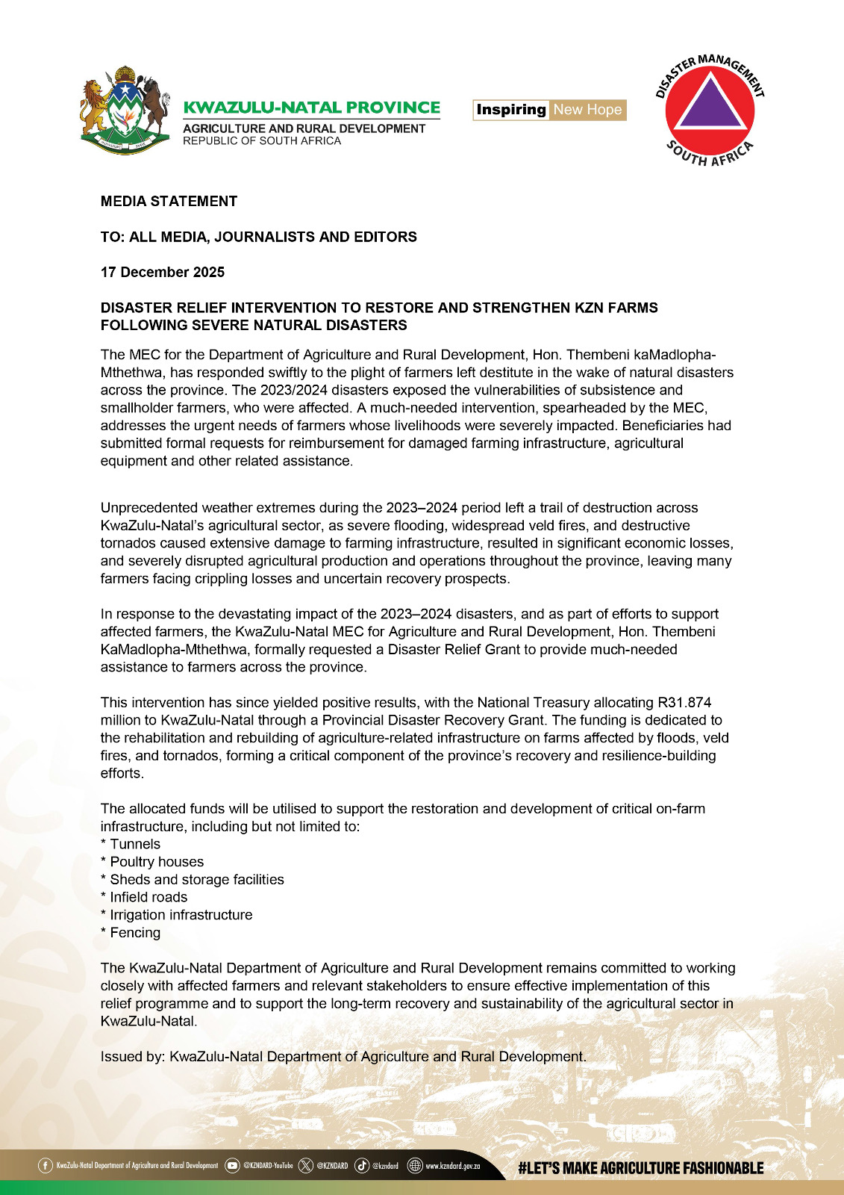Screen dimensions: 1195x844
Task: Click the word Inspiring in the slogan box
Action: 511,110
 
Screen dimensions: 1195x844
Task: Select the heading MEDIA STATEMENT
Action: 169,201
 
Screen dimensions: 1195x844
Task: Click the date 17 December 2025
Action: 163,272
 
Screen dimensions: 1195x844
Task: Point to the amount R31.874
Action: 684,702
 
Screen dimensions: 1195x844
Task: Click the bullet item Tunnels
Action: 134,844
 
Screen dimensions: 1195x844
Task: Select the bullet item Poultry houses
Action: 157,862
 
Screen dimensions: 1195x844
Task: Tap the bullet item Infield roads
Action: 149,897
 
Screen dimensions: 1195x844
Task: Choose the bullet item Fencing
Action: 135,932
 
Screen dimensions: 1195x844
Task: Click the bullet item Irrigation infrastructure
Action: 181,915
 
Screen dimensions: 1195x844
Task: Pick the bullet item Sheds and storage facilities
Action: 197,879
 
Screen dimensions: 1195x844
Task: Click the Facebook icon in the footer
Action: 46,1165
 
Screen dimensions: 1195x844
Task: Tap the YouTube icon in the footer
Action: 232,1165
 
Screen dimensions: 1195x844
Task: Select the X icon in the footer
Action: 305,1165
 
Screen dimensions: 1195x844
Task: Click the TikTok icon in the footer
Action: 362,1165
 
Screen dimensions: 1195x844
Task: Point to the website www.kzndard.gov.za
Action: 452,1166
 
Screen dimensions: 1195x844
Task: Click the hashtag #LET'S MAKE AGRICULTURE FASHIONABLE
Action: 641,1168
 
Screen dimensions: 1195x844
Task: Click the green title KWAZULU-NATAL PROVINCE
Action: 312,108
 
